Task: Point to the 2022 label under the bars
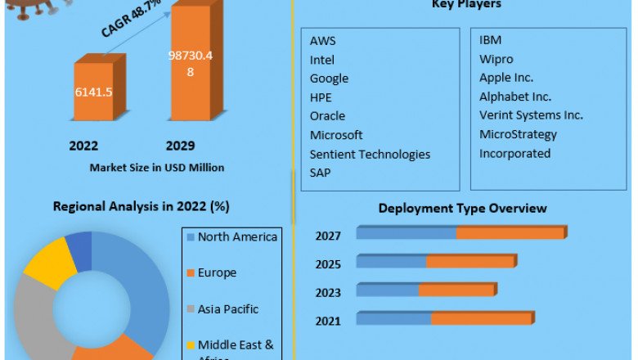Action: click(83, 146)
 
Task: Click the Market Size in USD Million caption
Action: click(156, 168)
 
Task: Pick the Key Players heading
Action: click(466, 5)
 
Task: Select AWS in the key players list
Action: click(322, 41)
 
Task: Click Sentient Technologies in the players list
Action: click(370, 154)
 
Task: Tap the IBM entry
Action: click(491, 40)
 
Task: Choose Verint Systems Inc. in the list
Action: click(531, 115)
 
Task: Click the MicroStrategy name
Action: click(518, 134)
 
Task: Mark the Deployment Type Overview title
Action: click(462, 209)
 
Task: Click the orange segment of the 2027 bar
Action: click(510, 234)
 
